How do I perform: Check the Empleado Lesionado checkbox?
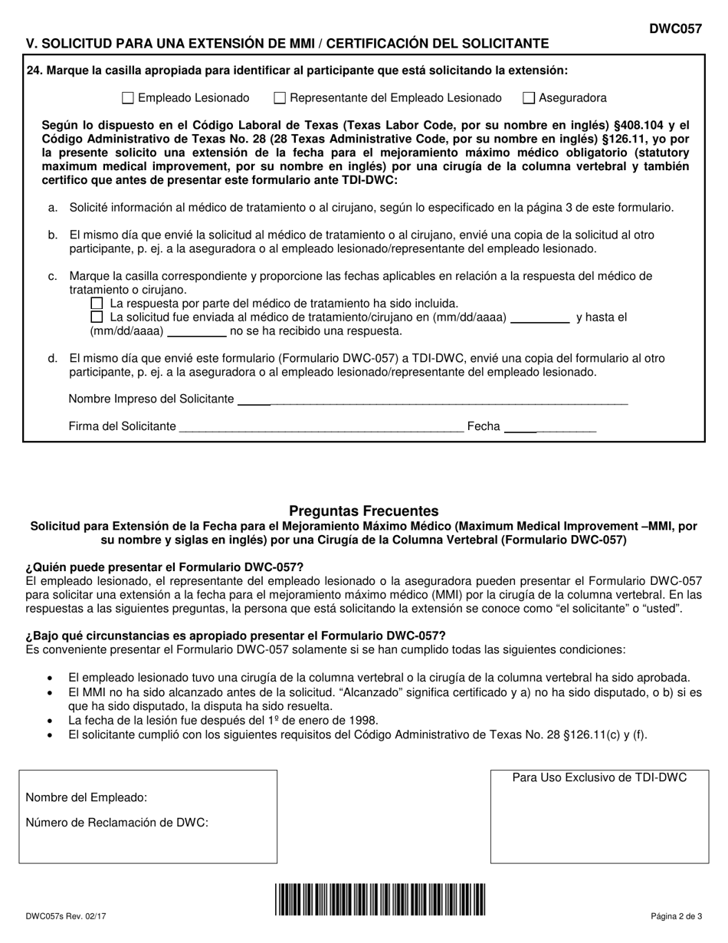pos(128,98)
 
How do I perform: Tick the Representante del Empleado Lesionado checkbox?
pos(280,98)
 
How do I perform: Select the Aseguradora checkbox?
pos(529,98)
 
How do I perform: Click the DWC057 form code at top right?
pos(675,28)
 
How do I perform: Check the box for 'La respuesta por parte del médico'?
pos(97,304)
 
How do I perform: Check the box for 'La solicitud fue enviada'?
pos(97,317)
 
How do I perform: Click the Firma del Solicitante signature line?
pos(322,428)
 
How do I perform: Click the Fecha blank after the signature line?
pos(550,428)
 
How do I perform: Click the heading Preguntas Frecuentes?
pos(364,511)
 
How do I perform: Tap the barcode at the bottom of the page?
pos(381,899)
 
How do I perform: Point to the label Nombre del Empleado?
pos(87,797)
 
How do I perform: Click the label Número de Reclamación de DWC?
pos(117,823)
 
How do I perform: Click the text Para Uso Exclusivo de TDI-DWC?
pos(599,777)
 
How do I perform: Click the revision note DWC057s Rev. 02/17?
pos(65,915)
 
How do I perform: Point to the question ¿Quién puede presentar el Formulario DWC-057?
pos(165,567)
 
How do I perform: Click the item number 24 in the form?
pos(34,71)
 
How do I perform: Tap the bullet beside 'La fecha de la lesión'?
pos(51,721)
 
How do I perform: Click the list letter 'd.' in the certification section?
pos(52,358)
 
